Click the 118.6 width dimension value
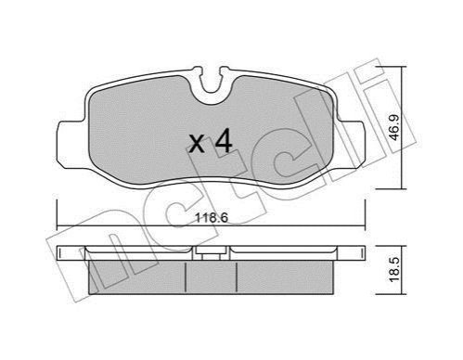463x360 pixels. (212, 218)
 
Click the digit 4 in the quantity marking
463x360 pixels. (224, 142)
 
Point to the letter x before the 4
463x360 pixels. (197, 145)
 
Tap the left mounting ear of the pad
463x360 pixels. (71, 145)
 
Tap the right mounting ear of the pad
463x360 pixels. (352, 145)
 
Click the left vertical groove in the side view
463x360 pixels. (186, 277)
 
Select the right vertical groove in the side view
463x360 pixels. (237, 277)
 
